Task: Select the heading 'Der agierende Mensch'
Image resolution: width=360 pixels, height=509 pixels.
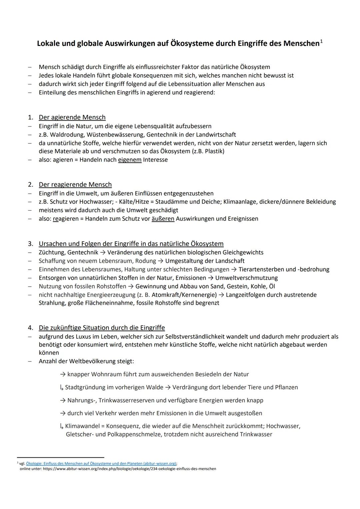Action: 72,117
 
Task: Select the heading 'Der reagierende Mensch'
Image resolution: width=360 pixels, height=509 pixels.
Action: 75,185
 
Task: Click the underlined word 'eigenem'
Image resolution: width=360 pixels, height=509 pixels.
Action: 130,160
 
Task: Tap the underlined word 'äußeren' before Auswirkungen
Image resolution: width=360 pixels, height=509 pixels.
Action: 163,219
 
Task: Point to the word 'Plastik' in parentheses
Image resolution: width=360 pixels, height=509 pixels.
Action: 213,151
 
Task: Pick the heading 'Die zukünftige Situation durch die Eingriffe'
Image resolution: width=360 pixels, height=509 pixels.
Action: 102,328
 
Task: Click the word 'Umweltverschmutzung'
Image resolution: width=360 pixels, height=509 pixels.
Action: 246,278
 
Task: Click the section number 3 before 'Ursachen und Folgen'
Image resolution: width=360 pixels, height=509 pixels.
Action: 30,244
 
